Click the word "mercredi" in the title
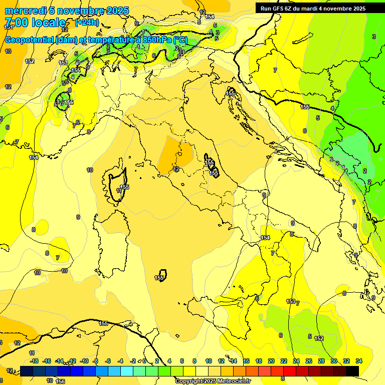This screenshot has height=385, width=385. pyautogui.click(x=20, y=11)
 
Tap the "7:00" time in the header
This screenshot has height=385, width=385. pyautogui.click(x=17, y=23)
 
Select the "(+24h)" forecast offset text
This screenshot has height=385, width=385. pyautogui.click(x=86, y=23)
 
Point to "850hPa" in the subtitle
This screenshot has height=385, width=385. pyautogui.click(x=155, y=40)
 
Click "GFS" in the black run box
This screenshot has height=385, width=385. pyautogui.click(x=281, y=9)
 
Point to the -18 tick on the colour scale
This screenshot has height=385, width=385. pyautogui.click(x=35, y=361)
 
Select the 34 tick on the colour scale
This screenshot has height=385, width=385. pyautogui.click(x=359, y=361)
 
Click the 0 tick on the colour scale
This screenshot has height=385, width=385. pyautogui.click(x=144, y=361)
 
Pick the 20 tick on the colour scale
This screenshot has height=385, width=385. pyautogui.click(x=271, y=361)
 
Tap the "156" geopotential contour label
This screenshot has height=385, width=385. pyautogui.click(x=61, y=381)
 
